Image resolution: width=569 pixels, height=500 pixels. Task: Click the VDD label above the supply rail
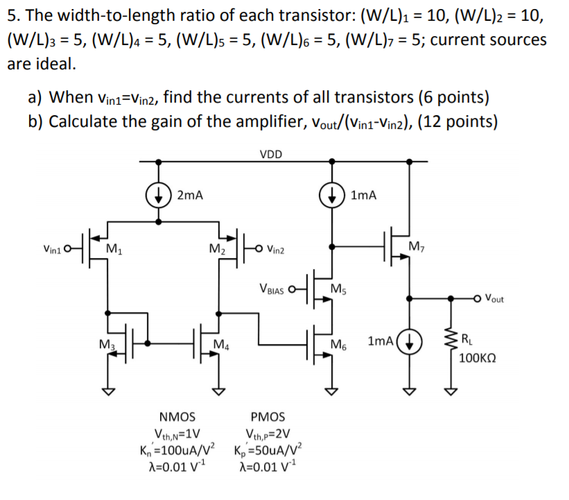coord(271,154)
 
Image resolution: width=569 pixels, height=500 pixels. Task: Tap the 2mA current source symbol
coord(160,194)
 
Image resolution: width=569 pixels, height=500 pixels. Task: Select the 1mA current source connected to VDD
coord(333,194)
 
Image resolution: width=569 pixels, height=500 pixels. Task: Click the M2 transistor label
coord(216,248)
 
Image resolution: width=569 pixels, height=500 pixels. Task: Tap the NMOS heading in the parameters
coord(177,417)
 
